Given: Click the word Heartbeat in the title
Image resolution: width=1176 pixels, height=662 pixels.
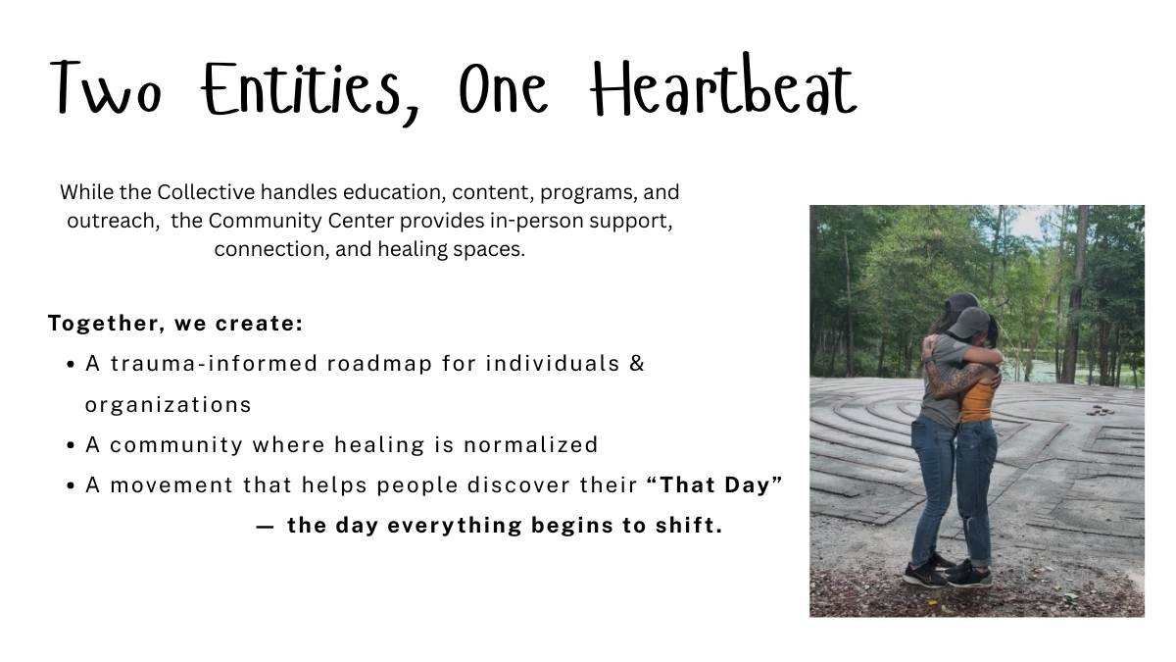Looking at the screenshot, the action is tap(723, 86).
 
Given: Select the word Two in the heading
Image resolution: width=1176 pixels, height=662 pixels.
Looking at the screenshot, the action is tap(105, 87).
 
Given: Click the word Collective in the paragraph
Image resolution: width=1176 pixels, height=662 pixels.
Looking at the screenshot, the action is tap(206, 192).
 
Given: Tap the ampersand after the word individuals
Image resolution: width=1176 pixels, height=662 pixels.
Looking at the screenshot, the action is tap(637, 363).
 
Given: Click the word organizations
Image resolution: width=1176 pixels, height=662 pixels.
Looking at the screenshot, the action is tap(168, 405).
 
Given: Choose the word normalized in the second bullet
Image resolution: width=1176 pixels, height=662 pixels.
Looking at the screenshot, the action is tap(531, 445).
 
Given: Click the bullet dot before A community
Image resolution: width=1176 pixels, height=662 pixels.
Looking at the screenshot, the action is tap(72, 446).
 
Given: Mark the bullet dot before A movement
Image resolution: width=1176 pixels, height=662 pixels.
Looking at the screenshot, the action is tap(72, 486).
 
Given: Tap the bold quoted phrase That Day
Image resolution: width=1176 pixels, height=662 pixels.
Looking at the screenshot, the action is tap(714, 484).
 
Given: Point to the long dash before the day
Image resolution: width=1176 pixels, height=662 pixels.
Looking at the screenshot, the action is tap(266, 527).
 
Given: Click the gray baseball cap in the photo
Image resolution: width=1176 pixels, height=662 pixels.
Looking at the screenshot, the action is tap(969, 323).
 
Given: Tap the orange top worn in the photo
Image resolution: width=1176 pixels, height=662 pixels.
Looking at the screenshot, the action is tap(977, 402).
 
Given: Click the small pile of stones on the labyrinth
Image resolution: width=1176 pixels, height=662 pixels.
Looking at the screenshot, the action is tap(1101, 411).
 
